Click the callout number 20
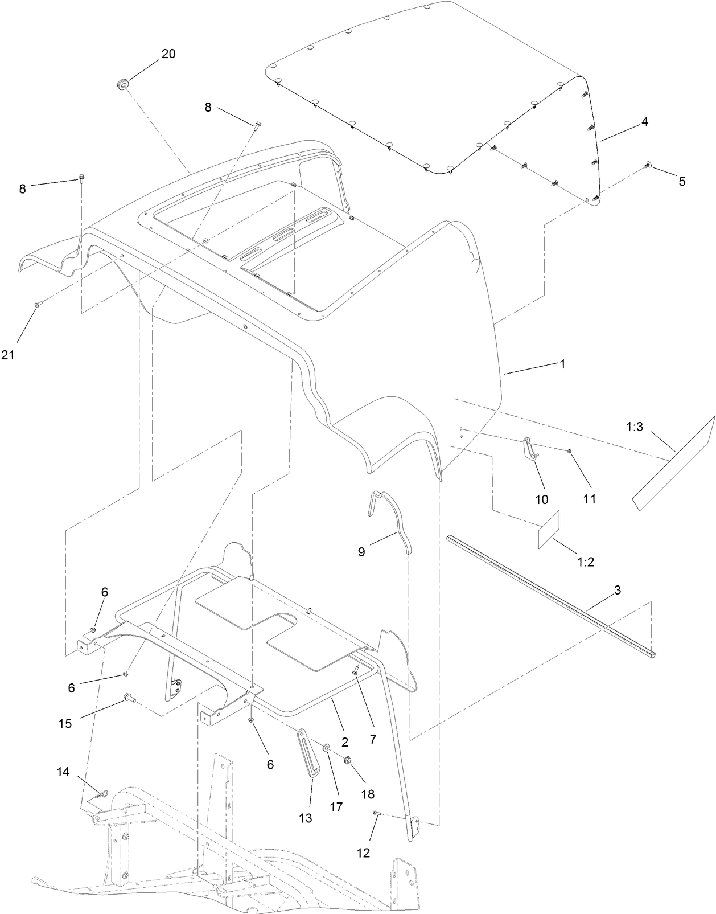tap(168, 54)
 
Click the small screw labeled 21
tap(37, 305)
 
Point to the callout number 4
tap(644, 121)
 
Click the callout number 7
tap(373, 739)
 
